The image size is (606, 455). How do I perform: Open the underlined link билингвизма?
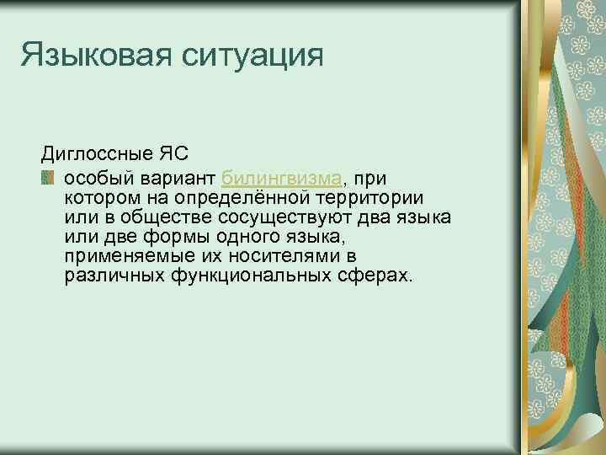[281, 178]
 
